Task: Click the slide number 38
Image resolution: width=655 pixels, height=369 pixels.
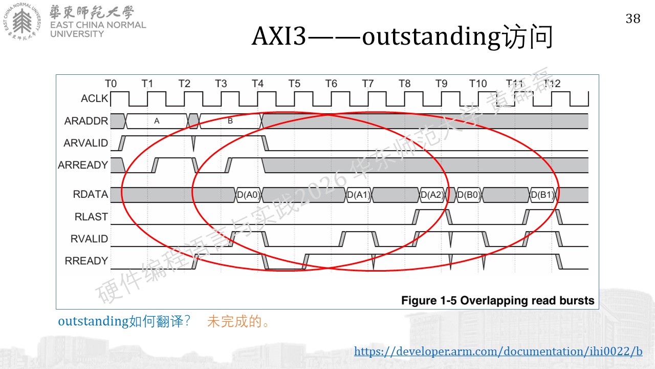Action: pos(633,19)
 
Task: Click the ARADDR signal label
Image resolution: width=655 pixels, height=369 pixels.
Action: pos(86,120)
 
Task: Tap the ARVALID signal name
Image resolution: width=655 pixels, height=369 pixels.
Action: pos(85,143)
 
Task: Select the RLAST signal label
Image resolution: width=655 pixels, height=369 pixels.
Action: pos(91,217)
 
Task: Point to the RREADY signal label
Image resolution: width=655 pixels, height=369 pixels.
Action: pos(86,261)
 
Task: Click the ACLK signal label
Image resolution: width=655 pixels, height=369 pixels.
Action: pos(95,98)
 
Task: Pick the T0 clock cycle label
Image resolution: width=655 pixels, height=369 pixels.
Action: pos(111,84)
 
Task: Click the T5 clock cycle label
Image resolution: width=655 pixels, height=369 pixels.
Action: pos(294,84)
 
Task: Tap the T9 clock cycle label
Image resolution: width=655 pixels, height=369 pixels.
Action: pos(441,84)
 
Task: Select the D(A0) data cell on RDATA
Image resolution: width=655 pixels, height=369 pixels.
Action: pos(248,195)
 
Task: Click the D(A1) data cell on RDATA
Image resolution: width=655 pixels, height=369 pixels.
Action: pos(359,195)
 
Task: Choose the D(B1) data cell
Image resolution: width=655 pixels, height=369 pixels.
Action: pos(542,195)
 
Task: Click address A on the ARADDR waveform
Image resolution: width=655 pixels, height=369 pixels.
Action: pos(157,121)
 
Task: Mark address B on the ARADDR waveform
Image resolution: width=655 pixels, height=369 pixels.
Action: pos(230,121)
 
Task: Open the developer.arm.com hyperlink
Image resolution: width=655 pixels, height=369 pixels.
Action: pos(498,351)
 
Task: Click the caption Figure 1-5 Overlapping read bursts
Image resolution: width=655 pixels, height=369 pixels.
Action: pos(498,300)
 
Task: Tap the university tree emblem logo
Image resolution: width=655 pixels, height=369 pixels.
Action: pos(22,22)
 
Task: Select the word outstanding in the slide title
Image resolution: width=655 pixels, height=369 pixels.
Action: pos(431,37)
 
